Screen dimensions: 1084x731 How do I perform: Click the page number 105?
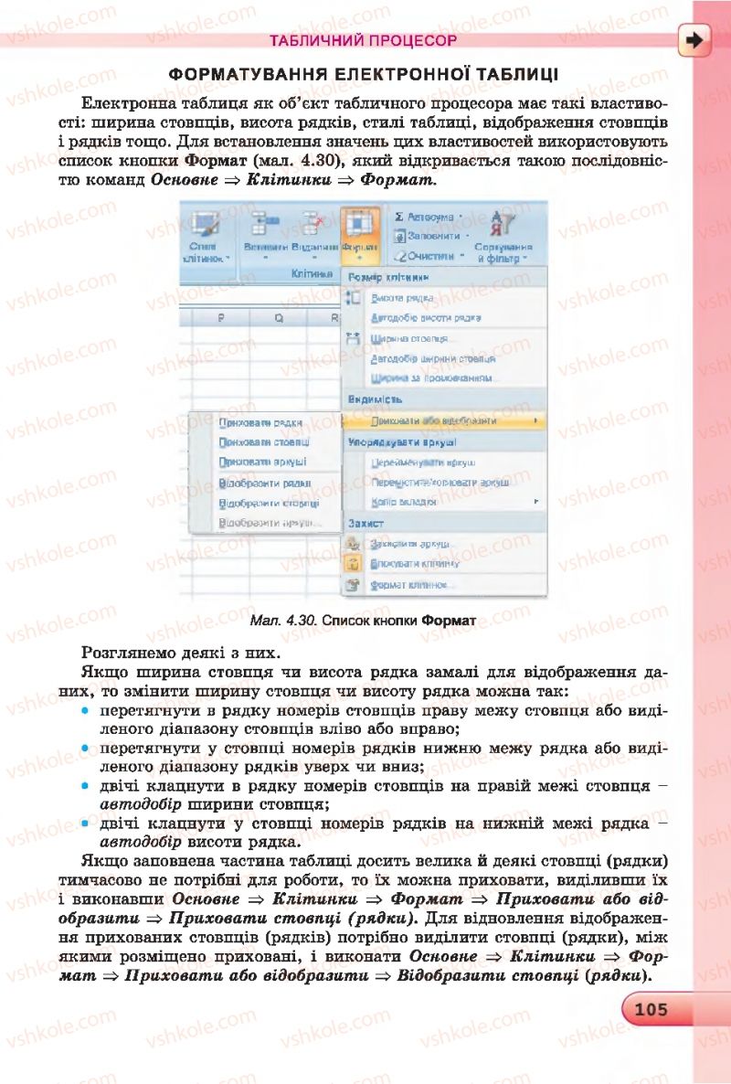click(x=653, y=1009)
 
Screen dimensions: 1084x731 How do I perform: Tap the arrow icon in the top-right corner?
click(x=695, y=40)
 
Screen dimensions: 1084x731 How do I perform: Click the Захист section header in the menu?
click(x=365, y=523)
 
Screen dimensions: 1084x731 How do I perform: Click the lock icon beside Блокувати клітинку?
click(x=355, y=564)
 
